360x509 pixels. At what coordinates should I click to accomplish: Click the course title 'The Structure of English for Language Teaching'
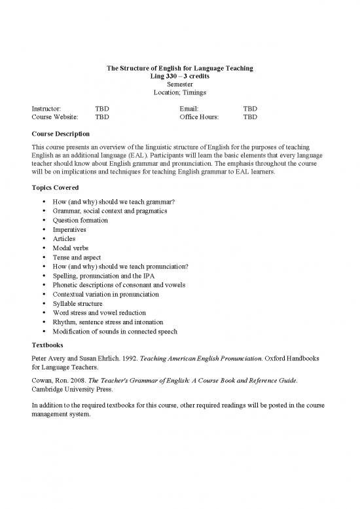pos(179,69)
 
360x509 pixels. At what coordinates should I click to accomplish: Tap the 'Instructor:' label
pos(46,108)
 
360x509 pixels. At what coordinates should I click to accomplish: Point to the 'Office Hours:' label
pos(199,117)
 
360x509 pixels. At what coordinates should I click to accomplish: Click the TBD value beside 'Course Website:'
pos(101,117)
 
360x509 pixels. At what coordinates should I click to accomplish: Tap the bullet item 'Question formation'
pos(81,220)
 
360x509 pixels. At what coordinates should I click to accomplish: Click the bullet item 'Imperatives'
pos(71,230)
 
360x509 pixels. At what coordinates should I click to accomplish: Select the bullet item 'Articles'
pos(64,239)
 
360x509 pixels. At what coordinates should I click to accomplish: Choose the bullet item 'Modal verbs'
pos(71,248)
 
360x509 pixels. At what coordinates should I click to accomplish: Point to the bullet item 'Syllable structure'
pos(80,303)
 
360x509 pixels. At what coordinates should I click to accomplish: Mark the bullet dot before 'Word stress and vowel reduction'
pos(43,313)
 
